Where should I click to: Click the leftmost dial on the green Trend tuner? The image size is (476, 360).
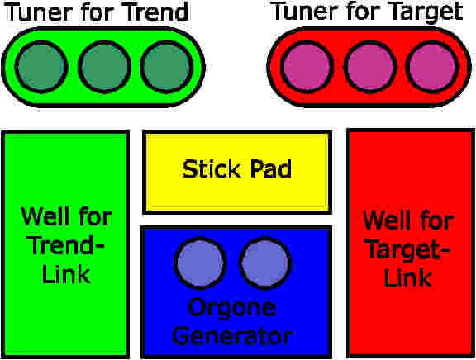41,67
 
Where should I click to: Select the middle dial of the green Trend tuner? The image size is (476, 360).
104,67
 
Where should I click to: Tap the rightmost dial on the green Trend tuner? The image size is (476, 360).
166,67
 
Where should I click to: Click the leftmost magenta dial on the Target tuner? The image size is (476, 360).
307,67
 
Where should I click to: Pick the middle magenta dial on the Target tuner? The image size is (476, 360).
370,67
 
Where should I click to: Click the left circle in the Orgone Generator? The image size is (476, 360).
200,263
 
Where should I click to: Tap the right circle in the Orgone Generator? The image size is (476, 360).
265,263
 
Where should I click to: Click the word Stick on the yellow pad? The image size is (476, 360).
212,168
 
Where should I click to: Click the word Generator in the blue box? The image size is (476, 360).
232,336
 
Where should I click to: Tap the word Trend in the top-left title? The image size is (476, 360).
157,12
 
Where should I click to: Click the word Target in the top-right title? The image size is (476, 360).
426,12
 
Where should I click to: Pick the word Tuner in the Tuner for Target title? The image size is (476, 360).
307,12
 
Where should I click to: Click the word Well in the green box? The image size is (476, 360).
45,216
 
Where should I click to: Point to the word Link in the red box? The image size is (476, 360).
407,277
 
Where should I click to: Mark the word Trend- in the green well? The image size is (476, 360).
67,245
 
